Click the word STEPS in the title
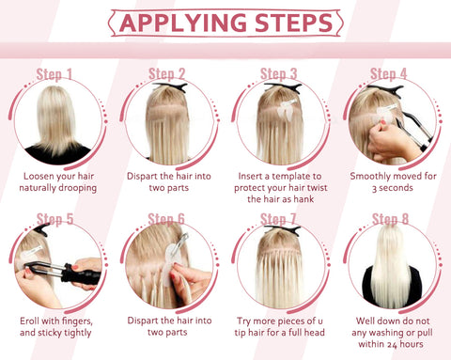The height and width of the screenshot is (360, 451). tap(294, 23)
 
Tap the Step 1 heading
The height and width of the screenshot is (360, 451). tap(54, 74)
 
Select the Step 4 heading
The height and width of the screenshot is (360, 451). tap(388, 74)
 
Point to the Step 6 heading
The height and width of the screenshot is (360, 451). tap(166, 219)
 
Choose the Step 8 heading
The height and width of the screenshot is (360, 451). tap(390, 219)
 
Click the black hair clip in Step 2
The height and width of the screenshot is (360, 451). tap(171, 87)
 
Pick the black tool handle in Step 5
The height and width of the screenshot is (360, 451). tap(82, 275)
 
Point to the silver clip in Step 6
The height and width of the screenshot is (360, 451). tap(182, 241)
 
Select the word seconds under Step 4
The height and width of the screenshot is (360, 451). tap(397, 188)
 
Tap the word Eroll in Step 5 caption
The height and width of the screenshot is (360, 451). tap(30, 321)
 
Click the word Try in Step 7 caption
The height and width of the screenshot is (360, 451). tap(244, 321)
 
